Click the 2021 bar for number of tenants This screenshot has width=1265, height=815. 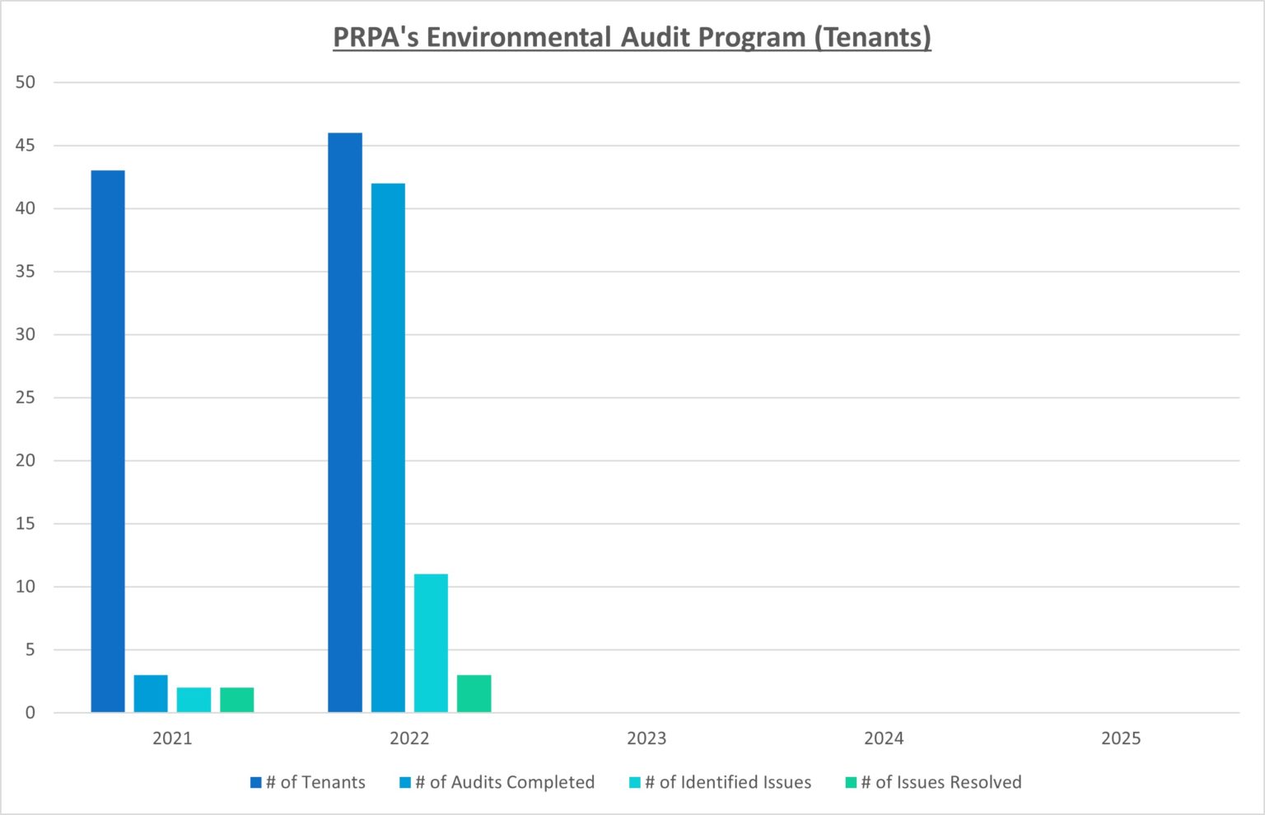point(108,441)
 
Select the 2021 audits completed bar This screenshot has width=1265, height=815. point(151,694)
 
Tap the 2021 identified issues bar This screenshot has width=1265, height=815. point(194,700)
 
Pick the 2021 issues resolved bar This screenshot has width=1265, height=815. point(237,700)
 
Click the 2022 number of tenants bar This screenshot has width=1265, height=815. point(345,422)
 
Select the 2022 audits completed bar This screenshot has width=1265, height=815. point(388,448)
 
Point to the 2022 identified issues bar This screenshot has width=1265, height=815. point(431,643)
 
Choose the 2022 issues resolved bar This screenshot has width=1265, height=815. point(474,694)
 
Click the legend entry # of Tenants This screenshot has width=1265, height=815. point(308,782)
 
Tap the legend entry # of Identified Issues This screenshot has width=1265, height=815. point(720,782)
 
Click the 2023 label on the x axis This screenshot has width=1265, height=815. point(647,738)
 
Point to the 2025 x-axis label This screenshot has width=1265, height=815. point(1121,738)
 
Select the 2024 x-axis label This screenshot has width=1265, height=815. point(884,738)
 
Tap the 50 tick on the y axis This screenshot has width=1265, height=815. point(26,82)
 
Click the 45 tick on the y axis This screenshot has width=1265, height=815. point(26,146)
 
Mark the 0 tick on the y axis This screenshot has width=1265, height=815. point(30,713)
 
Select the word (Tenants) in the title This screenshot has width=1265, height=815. point(873,38)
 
